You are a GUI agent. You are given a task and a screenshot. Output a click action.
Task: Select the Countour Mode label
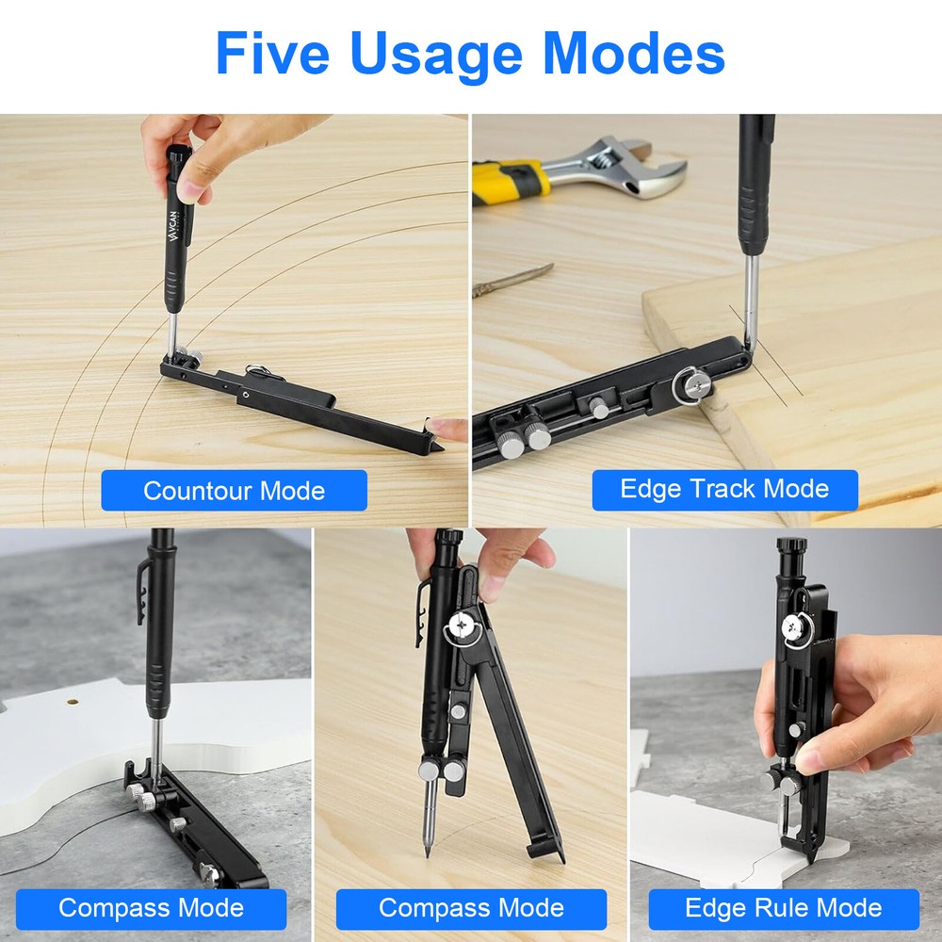coord(234,491)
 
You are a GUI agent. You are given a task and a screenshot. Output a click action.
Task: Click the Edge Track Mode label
coord(724,489)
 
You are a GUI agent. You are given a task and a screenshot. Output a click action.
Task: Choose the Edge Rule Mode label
coord(784,908)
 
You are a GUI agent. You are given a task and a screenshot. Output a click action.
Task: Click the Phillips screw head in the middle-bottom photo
coord(463,624)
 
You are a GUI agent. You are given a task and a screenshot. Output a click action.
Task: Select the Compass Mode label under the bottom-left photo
coord(151,908)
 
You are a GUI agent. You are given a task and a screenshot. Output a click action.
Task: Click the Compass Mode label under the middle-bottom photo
coord(471,908)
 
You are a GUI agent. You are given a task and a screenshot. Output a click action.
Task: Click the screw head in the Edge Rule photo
coord(793,624)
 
